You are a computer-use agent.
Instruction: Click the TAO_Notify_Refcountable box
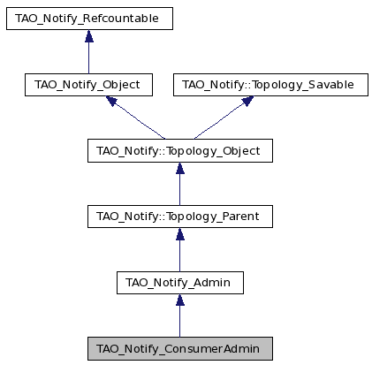pos(89,19)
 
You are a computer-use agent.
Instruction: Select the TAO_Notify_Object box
pos(88,85)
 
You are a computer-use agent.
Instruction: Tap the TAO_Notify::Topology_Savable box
pos(270,85)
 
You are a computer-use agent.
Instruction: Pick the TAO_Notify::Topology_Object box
pos(180,151)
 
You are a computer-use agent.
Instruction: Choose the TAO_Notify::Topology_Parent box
pos(180,217)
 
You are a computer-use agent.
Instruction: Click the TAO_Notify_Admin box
pos(180,283)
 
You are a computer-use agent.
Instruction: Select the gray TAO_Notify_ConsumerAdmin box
pos(180,349)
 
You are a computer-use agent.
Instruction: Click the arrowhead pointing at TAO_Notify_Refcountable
pos(89,35)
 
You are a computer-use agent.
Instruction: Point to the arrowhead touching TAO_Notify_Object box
pos(111,101)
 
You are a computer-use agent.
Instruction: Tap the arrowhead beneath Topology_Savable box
pos(247,101)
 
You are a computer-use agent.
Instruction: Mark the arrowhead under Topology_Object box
pos(180,168)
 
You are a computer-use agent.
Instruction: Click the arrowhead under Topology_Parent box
pos(180,234)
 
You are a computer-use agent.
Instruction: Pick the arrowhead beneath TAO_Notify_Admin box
pos(180,300)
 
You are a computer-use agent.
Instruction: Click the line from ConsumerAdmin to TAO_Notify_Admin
pos(180,322)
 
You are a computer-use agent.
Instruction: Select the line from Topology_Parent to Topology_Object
pos(180,190)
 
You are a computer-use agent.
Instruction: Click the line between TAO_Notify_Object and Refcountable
pos(89,57)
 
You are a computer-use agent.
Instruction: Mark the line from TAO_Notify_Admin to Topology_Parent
pos(180,255)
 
